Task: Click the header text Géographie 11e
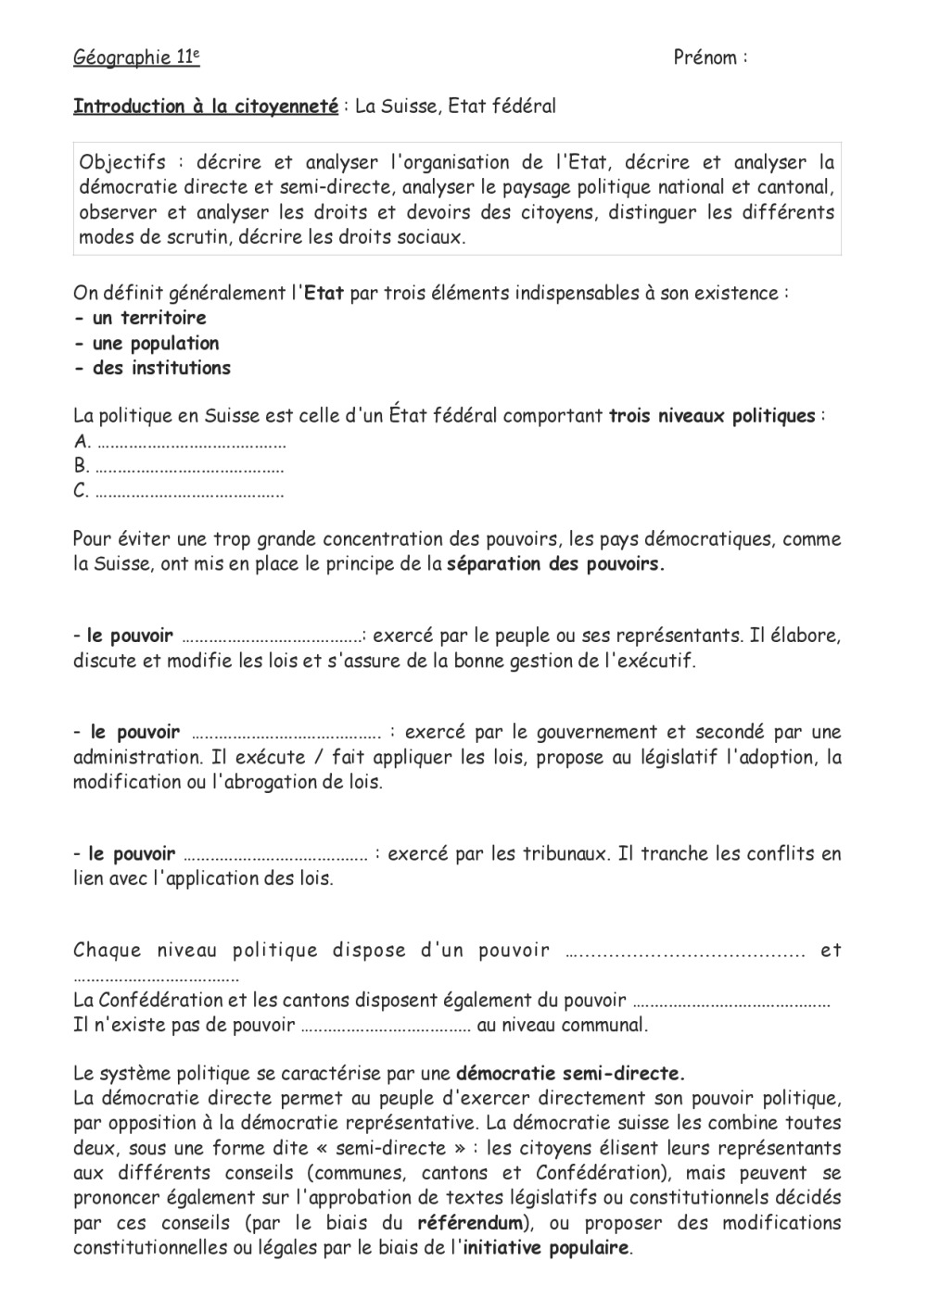point(136,57)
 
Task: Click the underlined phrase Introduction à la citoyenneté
point(206,107)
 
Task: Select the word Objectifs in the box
point(121,163)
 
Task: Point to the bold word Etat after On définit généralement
point(324,294)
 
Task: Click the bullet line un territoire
point(140,318)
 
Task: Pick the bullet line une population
point(146,343)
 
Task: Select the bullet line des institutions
point(152,368)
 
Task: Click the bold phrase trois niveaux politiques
point(711,416)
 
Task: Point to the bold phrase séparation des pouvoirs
point(555,564)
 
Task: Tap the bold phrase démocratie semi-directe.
point(570,1075)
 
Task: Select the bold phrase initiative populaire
point(546,1248)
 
